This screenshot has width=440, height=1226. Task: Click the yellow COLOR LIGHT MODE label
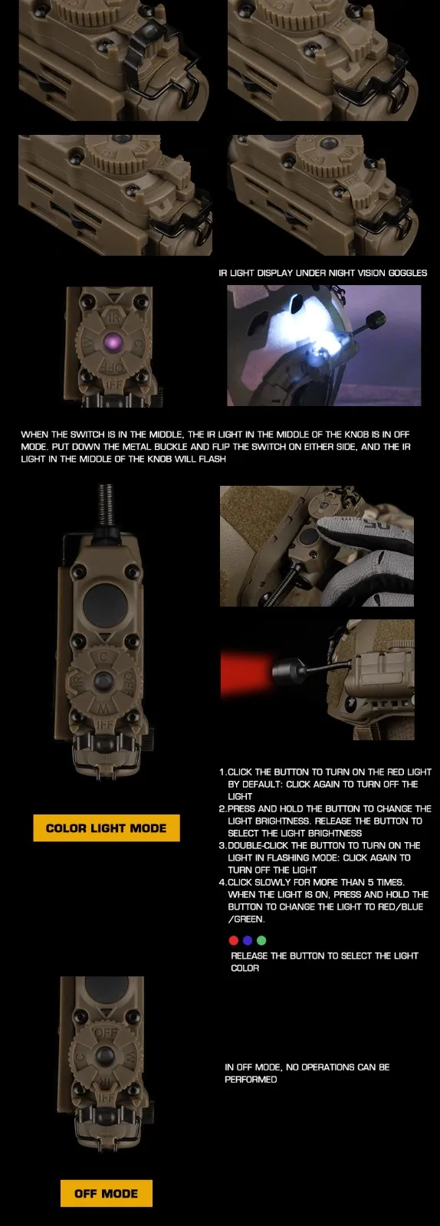pyautogui.click(x=107, y=828)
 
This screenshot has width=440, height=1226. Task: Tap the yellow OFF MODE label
pyautogui.click(x=107, y=1193)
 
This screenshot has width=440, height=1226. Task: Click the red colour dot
pyautogui.click(x=234, y=940)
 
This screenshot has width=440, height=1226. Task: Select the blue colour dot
pyautogui.click(x=248, y=940)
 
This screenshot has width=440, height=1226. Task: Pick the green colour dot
pyautogui.click(x=261, y=940)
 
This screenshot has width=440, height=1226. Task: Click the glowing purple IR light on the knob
pyautogui.click(x=113, y=343)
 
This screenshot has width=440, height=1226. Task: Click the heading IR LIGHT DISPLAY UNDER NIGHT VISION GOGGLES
pyautogui.click(x=323, y=273)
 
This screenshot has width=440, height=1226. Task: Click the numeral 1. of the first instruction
pyautogui.click(x=223, y=772)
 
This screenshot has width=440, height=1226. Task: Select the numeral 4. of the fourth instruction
pyautogui.click(x=223, y=882)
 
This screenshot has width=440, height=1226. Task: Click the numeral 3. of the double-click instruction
pyautogui.click(x=223, y=845)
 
